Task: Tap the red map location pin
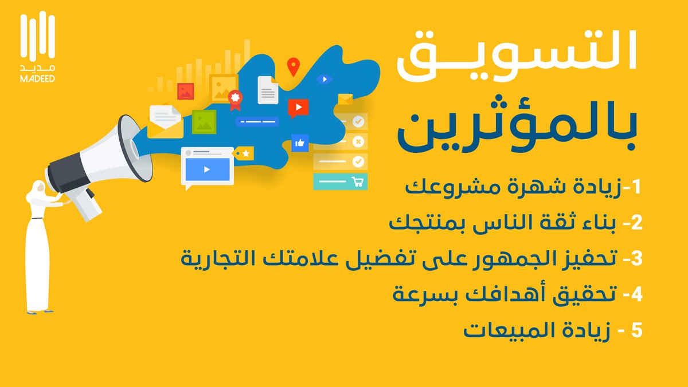[294, 66]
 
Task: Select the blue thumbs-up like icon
[299, 142]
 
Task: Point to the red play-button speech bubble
[298, 107]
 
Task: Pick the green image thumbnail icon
[204, 121]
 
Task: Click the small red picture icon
[185, 91]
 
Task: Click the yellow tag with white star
[244, 153]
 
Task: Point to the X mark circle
[358, 141]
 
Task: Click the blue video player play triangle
[206, 169]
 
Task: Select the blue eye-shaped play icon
[325, 79]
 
